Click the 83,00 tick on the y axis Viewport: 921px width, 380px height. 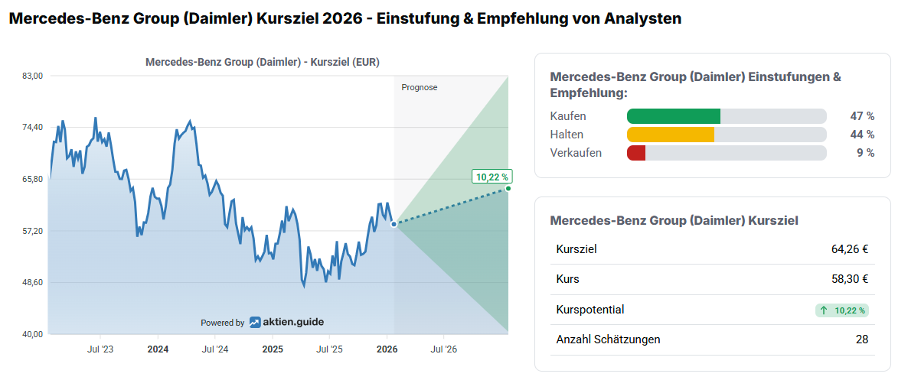click(x=32, y=75)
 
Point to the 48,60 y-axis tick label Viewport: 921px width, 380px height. click(x=32, y=283)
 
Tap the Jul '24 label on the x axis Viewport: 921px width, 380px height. click(x=215, y=349)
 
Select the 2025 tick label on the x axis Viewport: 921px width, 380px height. click(x=273, y=349)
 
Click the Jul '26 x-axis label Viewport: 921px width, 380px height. click(x=444, y=349)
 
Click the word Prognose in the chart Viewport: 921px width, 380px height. click(x=420, y=87)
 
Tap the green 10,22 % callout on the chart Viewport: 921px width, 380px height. click(x=492, y=177)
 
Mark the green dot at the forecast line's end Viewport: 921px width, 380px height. click(x=508, y=188)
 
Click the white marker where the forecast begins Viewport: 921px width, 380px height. click(x=394, y=224)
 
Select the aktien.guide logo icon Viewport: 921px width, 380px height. click(x=255, y=323)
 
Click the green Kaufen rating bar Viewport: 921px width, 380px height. click(x=674, y=116)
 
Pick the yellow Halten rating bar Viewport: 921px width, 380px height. click(x=671, y=135)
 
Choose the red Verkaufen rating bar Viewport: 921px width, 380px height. click(x=636, y=153)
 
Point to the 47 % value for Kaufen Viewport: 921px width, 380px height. click(x=862, y=116)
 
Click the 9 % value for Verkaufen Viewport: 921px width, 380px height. click(x=865, y=153)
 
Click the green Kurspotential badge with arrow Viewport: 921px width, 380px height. click(x=842, y=310)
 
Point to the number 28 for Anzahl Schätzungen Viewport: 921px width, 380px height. click(x=862, y=339)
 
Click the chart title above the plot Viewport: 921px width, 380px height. click(x=263, y=62)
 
